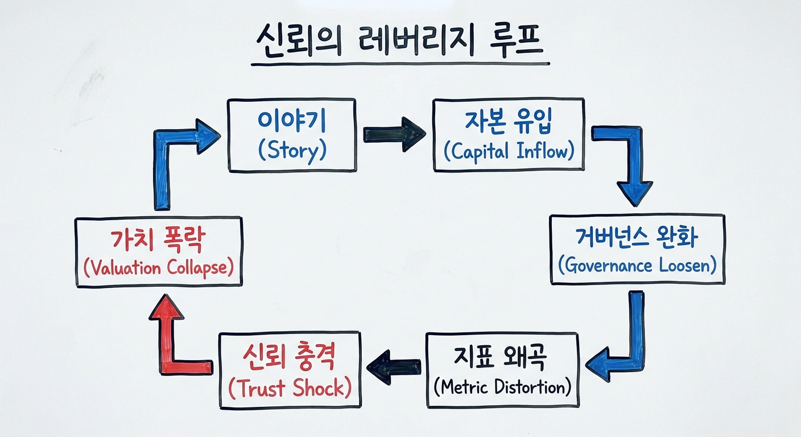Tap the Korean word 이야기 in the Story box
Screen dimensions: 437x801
pyautogui.click(x=291, y=121)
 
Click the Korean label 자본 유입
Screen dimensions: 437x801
pyautogui.click(x=508, y=121)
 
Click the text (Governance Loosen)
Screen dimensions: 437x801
pyautogui.click(x=637, y=265)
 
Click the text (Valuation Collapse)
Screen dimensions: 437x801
pyautogui.click(x=159, y=267)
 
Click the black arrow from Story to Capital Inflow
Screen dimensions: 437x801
pyautogui.click(x=394, y=135)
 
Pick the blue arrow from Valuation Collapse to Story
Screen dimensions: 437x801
pyautogui.click(x=171, y=159)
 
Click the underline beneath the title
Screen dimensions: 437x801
pyautogui.click(x=400, y=64)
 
